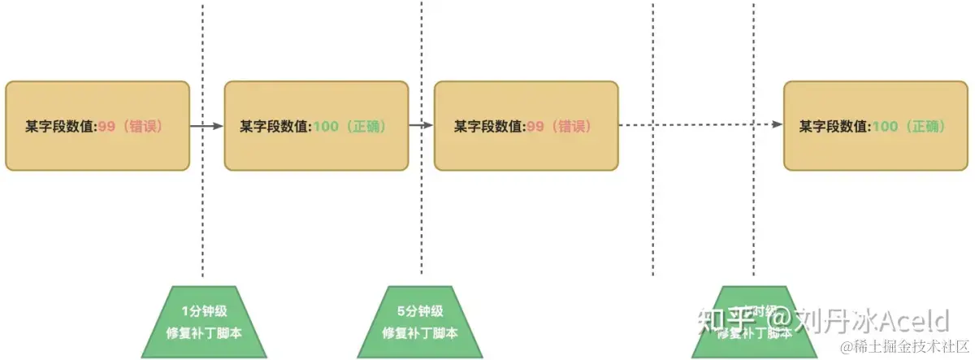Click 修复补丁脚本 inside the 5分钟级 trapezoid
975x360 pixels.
tap(420, 332)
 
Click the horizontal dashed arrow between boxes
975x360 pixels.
tap(699, 125)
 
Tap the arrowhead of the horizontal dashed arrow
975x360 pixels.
tap(778, 125)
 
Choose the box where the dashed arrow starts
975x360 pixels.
tap(526, 125)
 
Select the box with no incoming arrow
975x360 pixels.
tap(97, 125)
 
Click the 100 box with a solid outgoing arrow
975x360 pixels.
tap(316, 125)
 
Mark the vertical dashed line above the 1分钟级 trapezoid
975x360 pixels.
tap(202, 203)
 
